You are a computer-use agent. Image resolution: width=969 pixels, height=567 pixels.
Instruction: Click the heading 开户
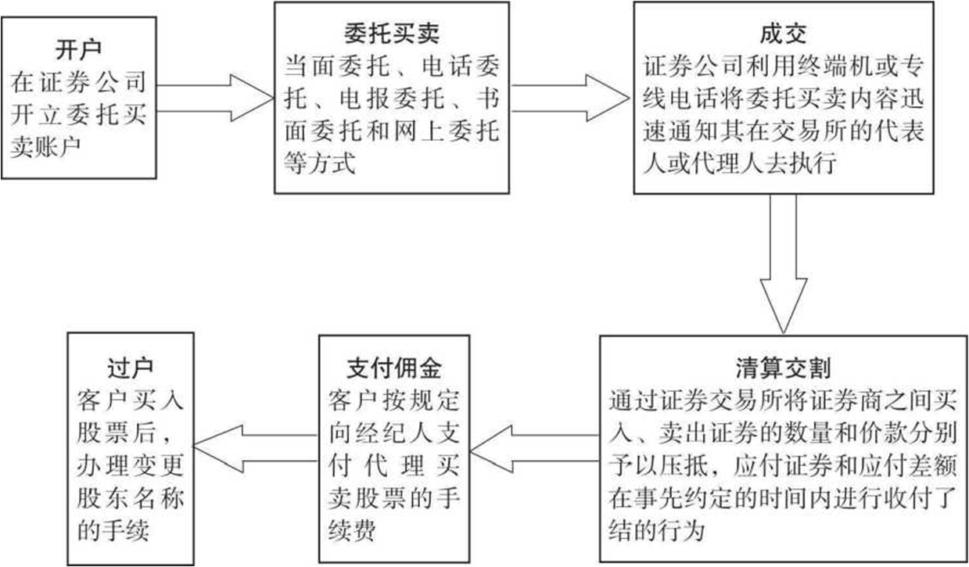78,48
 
